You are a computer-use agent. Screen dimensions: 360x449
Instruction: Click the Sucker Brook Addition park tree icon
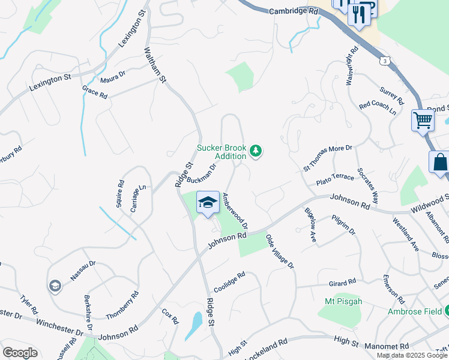point(256,150)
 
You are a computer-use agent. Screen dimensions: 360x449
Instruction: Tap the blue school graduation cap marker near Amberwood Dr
point(208,203)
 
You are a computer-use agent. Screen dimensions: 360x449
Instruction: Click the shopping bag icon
point(440,162)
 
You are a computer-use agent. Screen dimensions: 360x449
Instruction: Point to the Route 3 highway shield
point(384,61)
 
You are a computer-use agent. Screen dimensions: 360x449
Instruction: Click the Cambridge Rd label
point(294,11)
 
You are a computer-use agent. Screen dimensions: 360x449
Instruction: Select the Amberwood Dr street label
point(235,210)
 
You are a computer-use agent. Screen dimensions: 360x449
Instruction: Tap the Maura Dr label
point(113,77)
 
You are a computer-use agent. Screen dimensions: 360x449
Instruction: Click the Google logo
point(20,353)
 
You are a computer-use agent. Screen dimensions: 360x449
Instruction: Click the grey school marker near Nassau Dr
point(55,286)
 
